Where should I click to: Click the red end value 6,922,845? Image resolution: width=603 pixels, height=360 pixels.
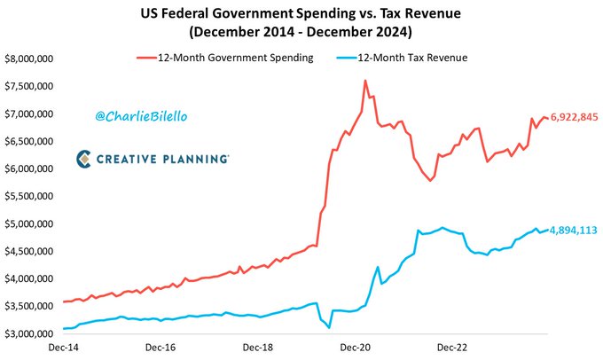point(574,117)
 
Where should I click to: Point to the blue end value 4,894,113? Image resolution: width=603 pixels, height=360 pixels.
point(574,230)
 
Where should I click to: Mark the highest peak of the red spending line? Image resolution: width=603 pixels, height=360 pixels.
point(365,81)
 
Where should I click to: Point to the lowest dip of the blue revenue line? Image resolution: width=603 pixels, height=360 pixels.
point(329,328)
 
